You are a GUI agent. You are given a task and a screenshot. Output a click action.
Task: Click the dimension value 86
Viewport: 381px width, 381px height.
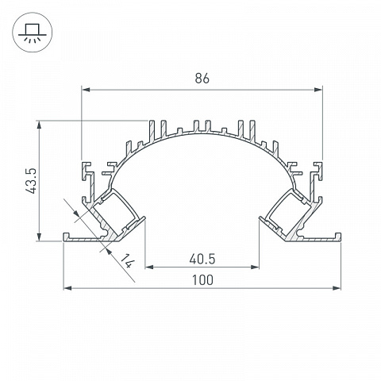coord(202,79)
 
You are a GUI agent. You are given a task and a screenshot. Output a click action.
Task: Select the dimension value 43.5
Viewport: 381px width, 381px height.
coord(32,180)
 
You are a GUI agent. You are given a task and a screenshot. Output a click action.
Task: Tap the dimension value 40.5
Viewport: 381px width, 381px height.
coord(202,259)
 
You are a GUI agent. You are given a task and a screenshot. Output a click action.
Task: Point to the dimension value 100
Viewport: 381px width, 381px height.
coord(202,280)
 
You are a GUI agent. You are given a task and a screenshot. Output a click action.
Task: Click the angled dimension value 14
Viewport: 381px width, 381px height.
coord(128,261)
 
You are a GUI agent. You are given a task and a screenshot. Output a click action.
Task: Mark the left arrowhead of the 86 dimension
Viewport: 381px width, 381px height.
coord(86,90)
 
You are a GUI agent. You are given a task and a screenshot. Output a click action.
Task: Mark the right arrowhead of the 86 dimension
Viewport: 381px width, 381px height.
coord(318,90)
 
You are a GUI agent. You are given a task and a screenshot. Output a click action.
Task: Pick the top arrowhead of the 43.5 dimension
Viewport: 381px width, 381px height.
coord(40,125)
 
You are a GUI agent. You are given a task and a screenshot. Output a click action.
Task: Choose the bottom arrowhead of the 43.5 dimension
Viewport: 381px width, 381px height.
coord(40,237)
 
